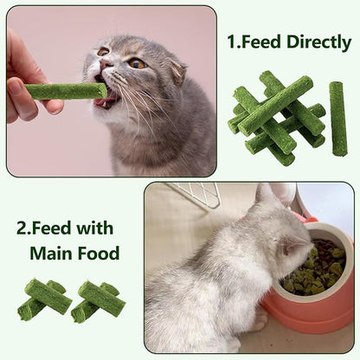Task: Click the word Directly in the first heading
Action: (318, 42)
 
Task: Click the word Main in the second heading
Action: (51, 254)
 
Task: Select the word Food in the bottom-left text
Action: (97, 254)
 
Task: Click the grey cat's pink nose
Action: (104, 63)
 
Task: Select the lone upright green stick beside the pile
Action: (337, 118)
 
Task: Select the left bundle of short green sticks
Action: (44, 299)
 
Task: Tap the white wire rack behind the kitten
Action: (196, 194)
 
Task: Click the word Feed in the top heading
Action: (264, 42)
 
